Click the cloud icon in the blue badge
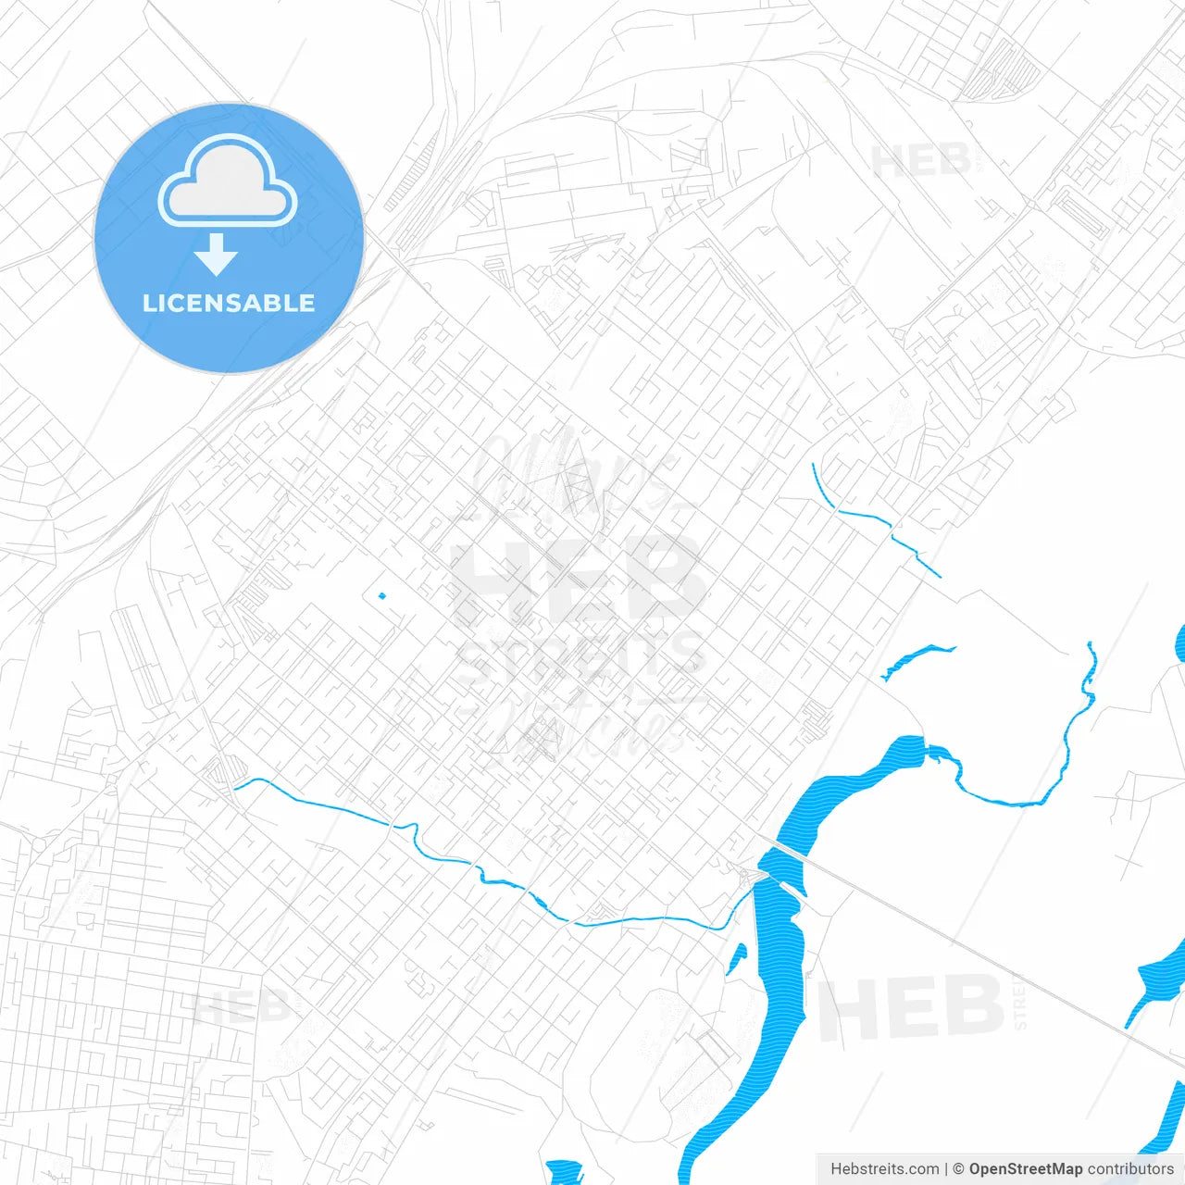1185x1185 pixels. coord(228,182)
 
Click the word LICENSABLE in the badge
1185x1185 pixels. coord(229,303)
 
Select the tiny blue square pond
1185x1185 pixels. coord(381,596)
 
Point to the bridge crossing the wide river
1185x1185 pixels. coord(787,851)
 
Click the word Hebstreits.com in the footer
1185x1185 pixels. coord(884,1169)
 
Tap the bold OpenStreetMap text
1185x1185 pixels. coord(1025,1169)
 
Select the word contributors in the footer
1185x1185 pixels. coord(1130,1169)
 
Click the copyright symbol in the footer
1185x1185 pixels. coord(958,1169)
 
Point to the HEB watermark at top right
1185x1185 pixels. coord(921,162)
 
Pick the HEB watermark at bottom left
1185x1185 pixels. coord(241,1006)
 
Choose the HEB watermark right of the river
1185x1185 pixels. coord(912,1008)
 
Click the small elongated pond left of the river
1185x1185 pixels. coord(736,960)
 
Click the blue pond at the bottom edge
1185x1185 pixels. coord(563,1172)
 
